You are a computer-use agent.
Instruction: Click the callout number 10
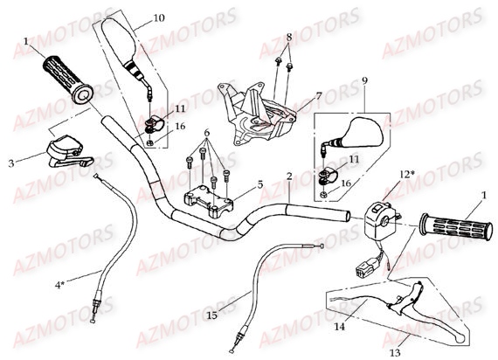coord(158,18)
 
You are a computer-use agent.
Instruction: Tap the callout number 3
coord(12,163)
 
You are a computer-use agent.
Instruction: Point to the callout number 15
coord(212,314)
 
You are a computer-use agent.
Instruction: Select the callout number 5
coord(259,184)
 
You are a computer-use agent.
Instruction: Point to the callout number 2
coord(288,176)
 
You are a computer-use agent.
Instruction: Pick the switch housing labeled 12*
coord(382,215)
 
